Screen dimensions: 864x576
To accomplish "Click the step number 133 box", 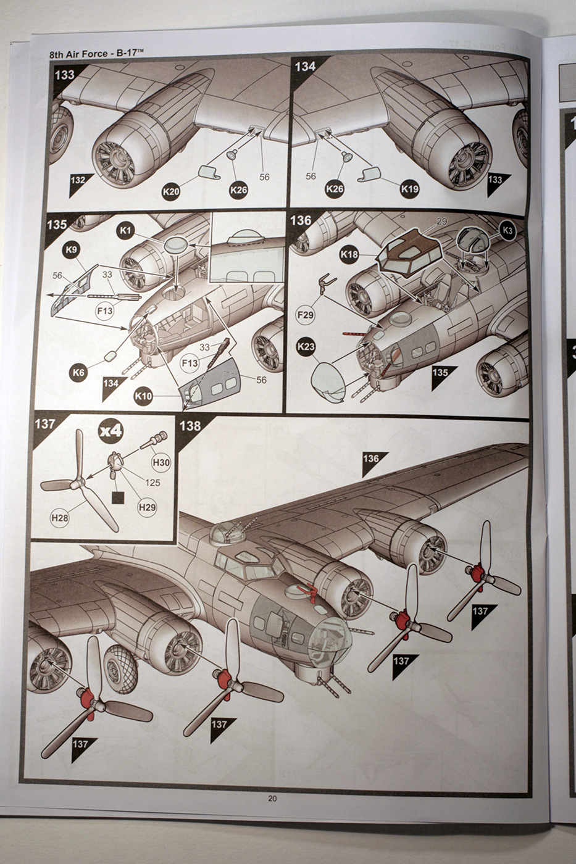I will pos(64,75).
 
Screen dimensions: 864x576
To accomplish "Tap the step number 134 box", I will pos(306,66).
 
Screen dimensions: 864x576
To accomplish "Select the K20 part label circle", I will pos(171,192).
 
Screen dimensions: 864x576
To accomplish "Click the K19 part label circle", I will pos(409,188).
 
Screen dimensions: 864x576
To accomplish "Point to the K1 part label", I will pos(126,231).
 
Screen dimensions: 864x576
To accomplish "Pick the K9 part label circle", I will pos(72,251).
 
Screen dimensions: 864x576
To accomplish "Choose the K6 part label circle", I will pos(78,373).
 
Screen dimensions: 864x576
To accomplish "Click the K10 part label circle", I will pos(143,396).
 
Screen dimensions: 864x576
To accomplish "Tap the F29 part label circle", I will pos(306,315).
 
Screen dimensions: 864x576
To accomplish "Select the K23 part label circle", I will pos(306,347).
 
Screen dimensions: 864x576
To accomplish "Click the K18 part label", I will pos(349,254).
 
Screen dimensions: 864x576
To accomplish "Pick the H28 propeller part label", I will pos(60,518).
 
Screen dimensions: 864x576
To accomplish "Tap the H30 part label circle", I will pos(161,462).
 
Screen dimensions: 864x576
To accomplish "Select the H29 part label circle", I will pos(147,507).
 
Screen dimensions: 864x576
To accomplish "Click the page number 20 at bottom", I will pos(272,799).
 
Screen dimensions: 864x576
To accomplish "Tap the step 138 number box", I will pos(190,425).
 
